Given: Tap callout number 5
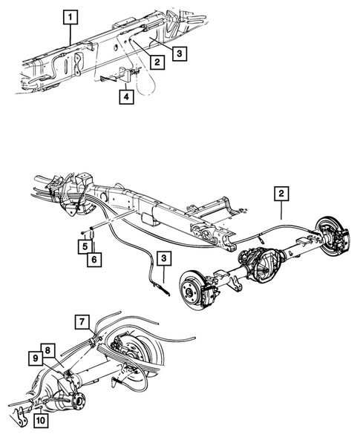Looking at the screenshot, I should [x=86, y=246].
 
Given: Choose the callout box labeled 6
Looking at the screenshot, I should [x=94, y=259].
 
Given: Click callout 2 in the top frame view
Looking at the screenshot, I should [x=157, y=62].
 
